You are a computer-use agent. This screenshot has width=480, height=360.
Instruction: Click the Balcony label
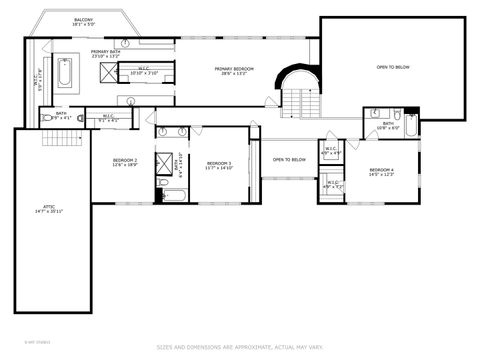click(x=83, y=21)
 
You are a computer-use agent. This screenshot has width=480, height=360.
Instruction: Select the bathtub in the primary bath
click(x=65, y=73)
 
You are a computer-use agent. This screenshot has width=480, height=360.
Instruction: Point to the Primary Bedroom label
click(x=234, y=70)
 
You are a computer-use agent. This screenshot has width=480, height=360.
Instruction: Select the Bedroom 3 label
click(x=219, y=164)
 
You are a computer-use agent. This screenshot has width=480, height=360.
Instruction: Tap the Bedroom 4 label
click(x=381, y=171)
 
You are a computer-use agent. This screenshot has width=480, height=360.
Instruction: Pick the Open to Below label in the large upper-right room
click(x=393, y=67)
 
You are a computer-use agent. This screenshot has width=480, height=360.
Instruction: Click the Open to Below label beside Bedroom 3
click(x=289, y=159)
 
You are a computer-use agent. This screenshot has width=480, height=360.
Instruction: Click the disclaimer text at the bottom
click(x=240, y=348)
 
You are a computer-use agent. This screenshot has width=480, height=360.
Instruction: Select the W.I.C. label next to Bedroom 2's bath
click(x=108, y=116)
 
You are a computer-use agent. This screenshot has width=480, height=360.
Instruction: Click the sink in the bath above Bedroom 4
click(x=374, y=113)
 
